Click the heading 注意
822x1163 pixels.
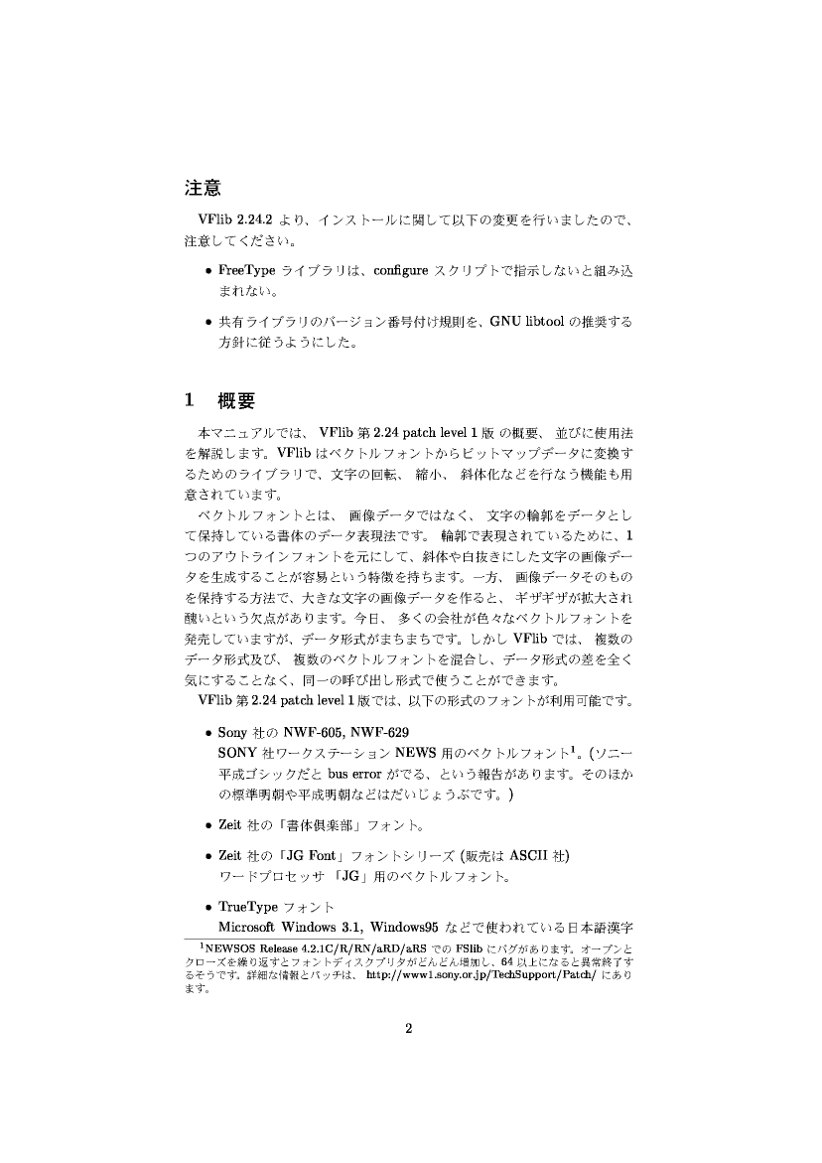tap(203, 186)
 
